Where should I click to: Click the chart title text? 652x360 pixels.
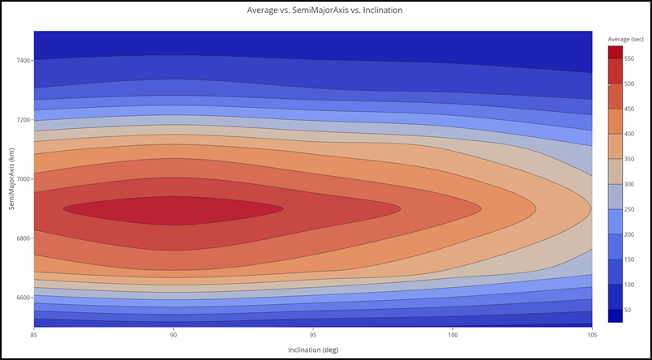click(x=324, y=11)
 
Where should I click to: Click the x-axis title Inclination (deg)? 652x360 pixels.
click(x=313, y=349)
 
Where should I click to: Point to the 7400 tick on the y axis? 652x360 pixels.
click(x=21, y=61)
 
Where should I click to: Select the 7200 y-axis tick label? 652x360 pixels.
click(x=21, y=120)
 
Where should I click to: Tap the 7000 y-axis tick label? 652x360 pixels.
click(x=21, y=179)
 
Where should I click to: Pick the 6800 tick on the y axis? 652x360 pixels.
click(x=21, y=238)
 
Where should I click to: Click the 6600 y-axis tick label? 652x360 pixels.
click(x=21, y=298)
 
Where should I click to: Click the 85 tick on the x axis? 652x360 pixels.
click(x=34, y=333)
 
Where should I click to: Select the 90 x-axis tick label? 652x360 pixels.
click(x=174, y=333)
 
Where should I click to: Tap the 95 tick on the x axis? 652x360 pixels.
click(x=314, y=333)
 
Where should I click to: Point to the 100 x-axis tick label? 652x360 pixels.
click(x=453, y=333)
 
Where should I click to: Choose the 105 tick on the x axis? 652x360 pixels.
click(x=593, y=333)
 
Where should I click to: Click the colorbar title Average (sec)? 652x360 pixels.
click(x=625, y=38)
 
